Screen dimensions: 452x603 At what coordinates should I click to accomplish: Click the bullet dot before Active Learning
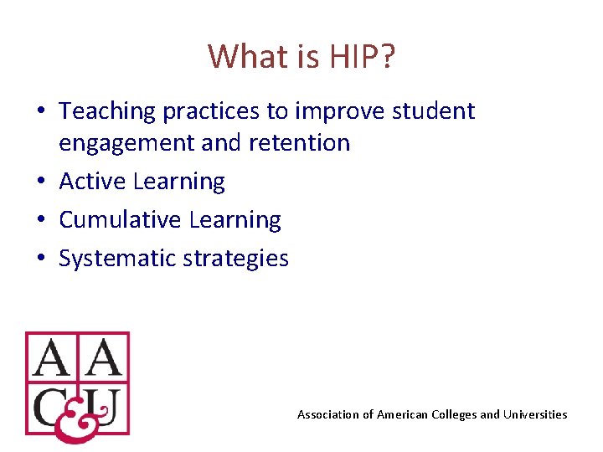pyautogui.click(x=41, y=182)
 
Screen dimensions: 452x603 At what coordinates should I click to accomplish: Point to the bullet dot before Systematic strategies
pyautogui.click(x=41, y=259)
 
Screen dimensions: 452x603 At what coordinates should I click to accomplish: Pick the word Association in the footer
pyautogui.click(x=326, y=414)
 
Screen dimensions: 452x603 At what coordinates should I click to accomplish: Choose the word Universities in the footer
pyautogui.click(x=534, y=414)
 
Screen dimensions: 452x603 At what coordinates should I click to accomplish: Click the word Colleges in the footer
pyautogui.click(x=453, y=414)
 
